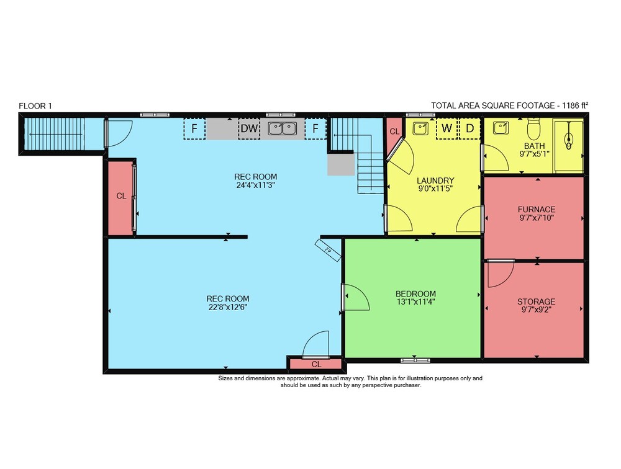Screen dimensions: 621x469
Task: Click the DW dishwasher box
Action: click(249, 128)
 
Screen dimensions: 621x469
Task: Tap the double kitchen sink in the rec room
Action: click(283, 128)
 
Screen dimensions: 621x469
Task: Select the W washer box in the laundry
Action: click(446, 128)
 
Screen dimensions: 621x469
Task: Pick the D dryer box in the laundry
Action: click(469, 128)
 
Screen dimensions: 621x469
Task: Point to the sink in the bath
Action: click(501, 128)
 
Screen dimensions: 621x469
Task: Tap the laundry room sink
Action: click(420, 128)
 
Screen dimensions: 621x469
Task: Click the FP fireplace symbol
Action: click(328, 250)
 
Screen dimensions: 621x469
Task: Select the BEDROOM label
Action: click(416, 294)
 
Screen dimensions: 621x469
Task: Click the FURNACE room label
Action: click(537, 209)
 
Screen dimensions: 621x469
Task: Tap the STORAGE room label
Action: click(537, 301)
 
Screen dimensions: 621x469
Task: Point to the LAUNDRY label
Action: click(435, 181)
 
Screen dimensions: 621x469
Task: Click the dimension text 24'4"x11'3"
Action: click(255, 185)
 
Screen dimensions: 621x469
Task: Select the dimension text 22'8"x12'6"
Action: click(228, 306)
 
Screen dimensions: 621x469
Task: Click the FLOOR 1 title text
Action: click(35, 106)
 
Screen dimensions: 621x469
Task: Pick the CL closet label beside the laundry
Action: click(394, 132)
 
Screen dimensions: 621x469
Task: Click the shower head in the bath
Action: click(569, 140)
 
